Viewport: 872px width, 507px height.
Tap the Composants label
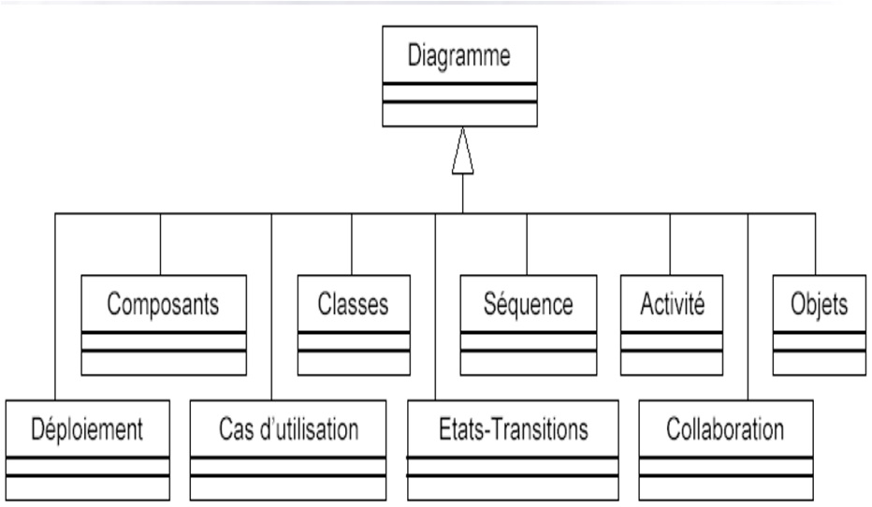[x=164, y=305]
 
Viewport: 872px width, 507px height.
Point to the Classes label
[x=352, y=305]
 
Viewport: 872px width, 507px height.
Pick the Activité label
[x=671, y=305]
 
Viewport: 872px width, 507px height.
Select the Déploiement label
[x=88, y=430]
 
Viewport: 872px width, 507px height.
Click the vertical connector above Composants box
[x=161, y=244]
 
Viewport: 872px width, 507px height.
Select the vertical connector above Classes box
[x=352, y=244]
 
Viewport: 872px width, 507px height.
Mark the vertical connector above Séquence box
[x=526, y=244]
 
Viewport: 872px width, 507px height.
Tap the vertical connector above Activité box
[x=671, y=244]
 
